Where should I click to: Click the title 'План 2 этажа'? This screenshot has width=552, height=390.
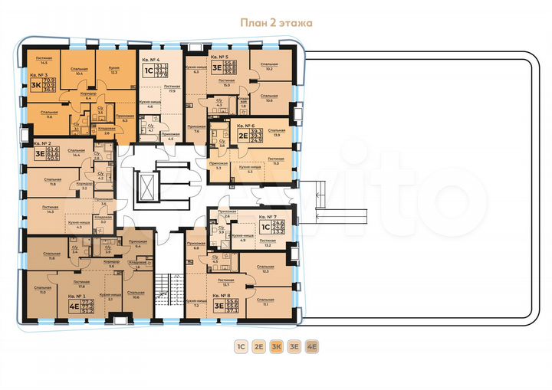click(275, 23)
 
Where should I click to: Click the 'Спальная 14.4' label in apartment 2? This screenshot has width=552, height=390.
click(75, 152)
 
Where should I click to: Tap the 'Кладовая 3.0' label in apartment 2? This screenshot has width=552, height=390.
click(103, 219)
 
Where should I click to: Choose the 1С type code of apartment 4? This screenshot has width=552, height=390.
click(147, 70)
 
